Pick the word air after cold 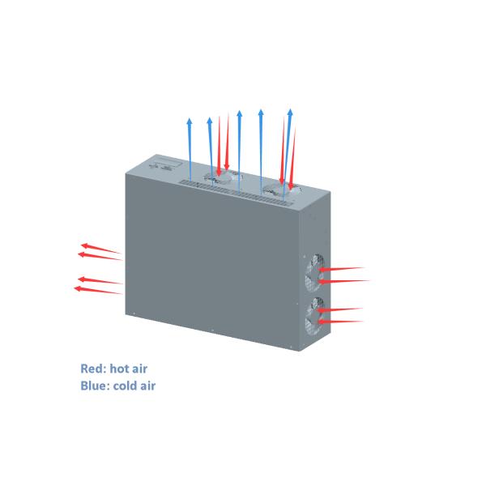coord(148,386)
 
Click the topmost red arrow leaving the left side coord(100,247)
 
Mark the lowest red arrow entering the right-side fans coord(340,322)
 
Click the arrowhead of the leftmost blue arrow coord(190,120)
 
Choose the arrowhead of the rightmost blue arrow coord(289,111)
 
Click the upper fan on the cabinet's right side coord(312,271)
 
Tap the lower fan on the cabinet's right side coord(311,317)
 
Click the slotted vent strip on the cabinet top coord(235,189)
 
